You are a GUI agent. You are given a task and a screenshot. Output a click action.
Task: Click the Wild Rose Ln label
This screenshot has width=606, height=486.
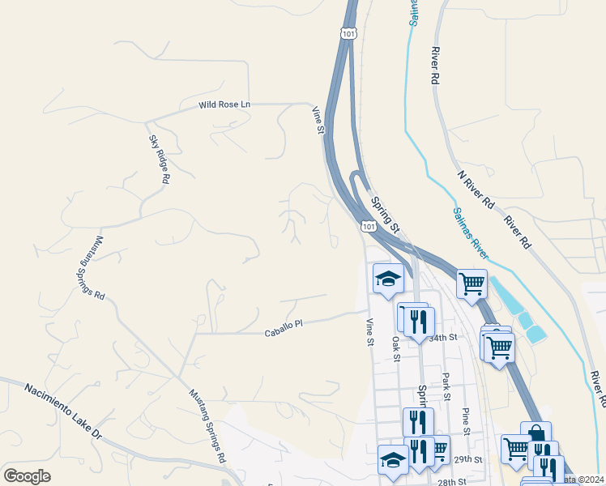(x=225, y=105)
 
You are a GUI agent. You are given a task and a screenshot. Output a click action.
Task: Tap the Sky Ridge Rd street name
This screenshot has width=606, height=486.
(x=159, y=160)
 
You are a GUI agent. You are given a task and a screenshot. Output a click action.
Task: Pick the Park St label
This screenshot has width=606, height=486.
(x=446, y=386)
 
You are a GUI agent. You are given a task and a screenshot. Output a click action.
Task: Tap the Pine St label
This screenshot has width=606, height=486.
(x=466, y=421)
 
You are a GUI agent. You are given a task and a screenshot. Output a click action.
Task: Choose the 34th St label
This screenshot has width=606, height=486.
(x=444, y=337)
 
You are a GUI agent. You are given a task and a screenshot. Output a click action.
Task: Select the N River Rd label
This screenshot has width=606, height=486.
(x=476, y=191)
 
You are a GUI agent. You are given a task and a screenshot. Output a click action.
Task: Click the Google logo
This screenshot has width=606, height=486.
(x=27, y=476)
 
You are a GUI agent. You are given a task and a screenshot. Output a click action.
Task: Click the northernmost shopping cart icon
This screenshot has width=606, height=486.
(x=472, y=283)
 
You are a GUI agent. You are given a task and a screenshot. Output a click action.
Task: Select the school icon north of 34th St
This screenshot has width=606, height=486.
(x=388, y=279)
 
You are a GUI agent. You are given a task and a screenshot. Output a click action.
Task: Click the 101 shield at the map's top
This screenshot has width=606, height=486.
(x=347, y=33)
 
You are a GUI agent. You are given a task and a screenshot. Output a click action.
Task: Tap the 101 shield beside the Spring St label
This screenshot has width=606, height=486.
(x=369, y=228)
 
